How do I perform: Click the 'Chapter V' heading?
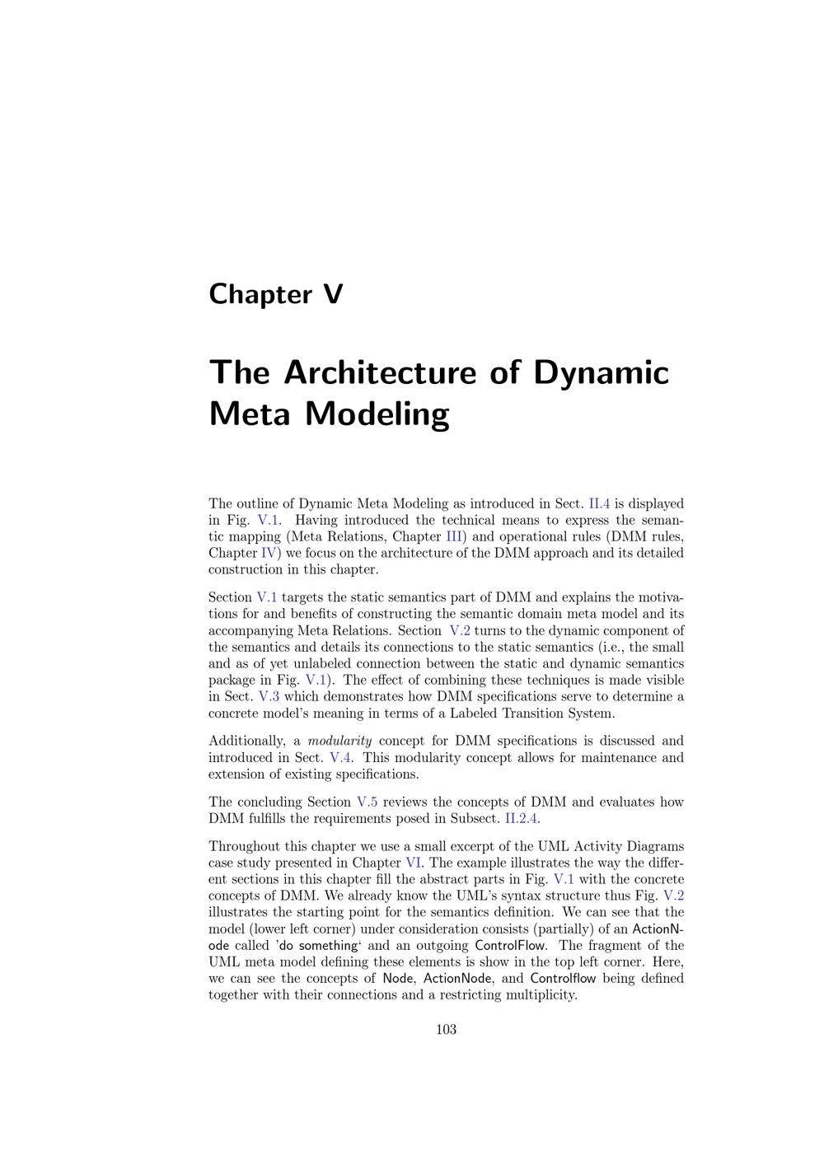click(275, 294)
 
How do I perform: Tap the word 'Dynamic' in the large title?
click(601, 372)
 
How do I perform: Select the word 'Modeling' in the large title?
click(377, 414)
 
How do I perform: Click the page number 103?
click(446, 1029)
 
